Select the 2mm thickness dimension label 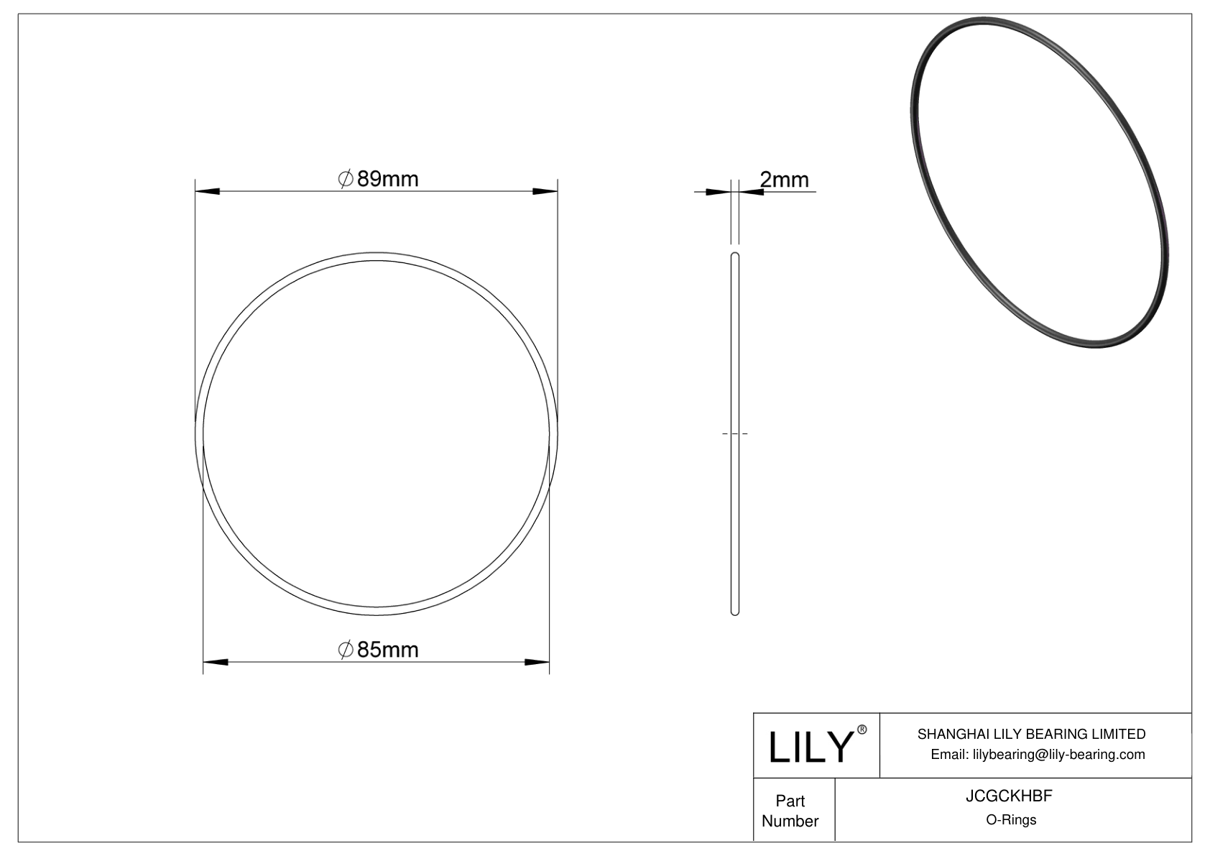coord(785,180)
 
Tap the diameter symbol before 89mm coord(345,179)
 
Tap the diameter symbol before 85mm coord(345,650)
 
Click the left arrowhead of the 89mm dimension coord(208,191)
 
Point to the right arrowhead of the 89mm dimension coord(545,191)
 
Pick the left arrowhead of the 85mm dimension coord(216,663)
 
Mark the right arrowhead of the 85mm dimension coord(537,663)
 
